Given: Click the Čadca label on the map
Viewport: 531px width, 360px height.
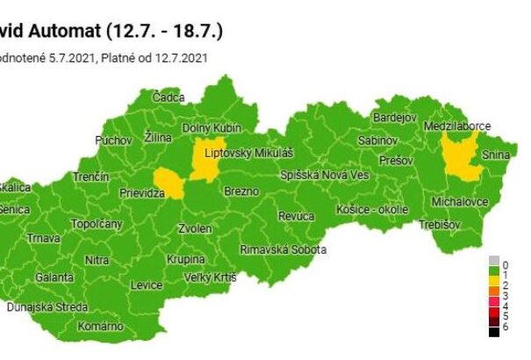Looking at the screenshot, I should pyautogui.click(x=168, y=97).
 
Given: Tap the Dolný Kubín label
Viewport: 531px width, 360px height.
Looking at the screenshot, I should pyautogui.click(x=205, y=128).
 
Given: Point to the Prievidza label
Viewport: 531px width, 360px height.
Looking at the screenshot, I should pyautogui.click(x=143, y=191).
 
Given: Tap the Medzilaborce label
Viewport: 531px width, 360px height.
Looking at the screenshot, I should pyautogui.click(x=456, y=126).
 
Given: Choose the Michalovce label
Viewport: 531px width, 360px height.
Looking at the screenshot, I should pyautogui.click(x=460, y=203).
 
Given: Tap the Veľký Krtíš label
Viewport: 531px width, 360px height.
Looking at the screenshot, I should pyautogui.click(x=211, y=277).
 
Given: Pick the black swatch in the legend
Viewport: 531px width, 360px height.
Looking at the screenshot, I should pyautogui.click(x=495, y=332).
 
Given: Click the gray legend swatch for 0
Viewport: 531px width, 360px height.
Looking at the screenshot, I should pyautogui.click(x=495, y=262).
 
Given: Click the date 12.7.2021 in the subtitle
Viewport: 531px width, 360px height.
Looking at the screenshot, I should pyautogui.click(x=180, y=58).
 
